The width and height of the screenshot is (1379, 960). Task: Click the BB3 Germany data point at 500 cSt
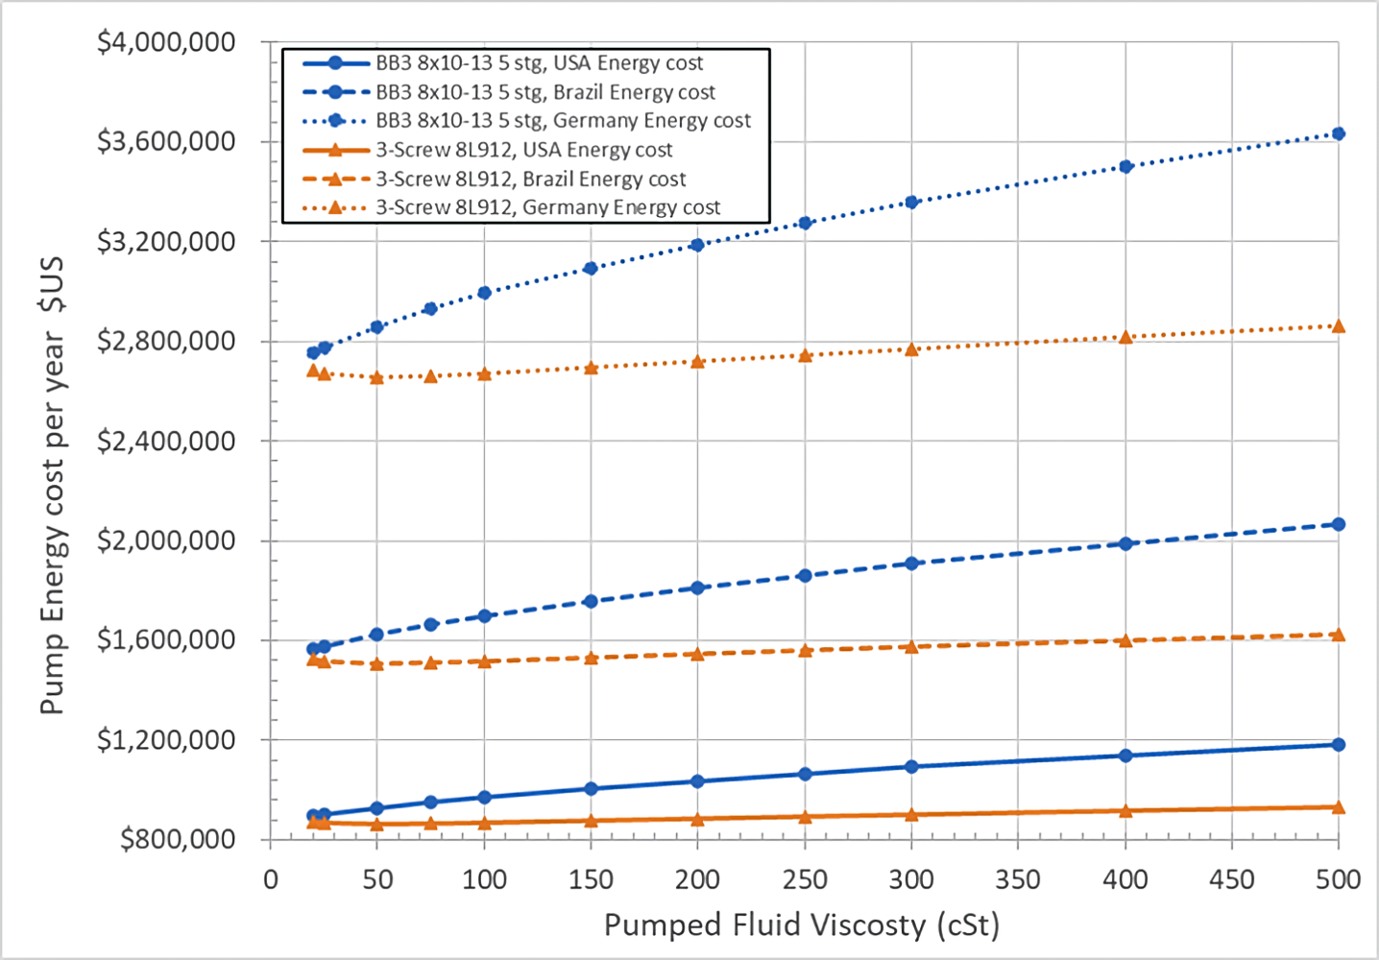pyautogui.click(x=1339, y=133)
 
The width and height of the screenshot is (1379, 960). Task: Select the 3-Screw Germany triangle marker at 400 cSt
pyautogui.click(x=1125, y=337)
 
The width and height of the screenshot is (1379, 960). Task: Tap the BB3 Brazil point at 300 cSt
pyautogui.click(x=911, y=564)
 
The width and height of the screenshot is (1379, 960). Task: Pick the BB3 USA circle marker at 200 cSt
pyautogui.click(x=697, y=781)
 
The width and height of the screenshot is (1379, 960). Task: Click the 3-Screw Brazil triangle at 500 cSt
pyautogui.click(x=1339, y=635)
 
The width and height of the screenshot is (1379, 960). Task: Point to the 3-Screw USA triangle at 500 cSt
pyautogui.click(x=1339, y=807)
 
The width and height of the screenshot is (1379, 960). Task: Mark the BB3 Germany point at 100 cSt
pyautogui.click(x=484, y=293)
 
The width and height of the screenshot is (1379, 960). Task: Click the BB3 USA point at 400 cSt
pyautogui.click(x=1125, y=756)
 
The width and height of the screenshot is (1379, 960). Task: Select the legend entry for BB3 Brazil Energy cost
pyautogui.click(x=544, y=92)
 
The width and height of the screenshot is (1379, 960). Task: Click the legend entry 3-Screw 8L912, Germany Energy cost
pyautogui.click(x=547, y=207)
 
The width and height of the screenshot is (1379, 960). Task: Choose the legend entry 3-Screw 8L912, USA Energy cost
pyautogui.click(x=523, y=150)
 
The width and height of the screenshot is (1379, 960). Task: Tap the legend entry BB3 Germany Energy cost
pyautogui.click(x=563, y=121)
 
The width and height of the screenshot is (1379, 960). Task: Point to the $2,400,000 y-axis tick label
pyautogui.click(x=165, y=441)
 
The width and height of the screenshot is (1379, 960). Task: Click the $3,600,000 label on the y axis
pyautogui.click(x=165, y=141)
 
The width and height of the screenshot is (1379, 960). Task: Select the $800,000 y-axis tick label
pyautogui.click(x=177, y=840)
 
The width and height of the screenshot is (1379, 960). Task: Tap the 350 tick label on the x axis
pyautogui.click(x=1018, y=879)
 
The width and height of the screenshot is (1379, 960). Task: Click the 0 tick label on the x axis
pyautogui.click(x=271, y=879)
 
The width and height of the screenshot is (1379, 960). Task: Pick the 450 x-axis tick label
pyautogui.click(x=1232, y=879)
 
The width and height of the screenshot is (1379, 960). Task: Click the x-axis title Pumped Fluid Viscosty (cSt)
pyautogui.click(x=801, y=925)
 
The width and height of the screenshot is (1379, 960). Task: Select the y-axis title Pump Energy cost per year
pyautogui.click(x=52, y=485)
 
